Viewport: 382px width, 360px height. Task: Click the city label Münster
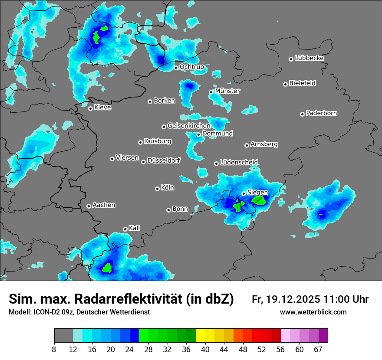[227, 91]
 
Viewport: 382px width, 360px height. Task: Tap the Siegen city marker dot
[244, 193]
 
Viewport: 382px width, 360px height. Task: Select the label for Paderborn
[321, 113]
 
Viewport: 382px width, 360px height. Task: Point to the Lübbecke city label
[309, 58]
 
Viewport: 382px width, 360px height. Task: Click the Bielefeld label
[302, 83]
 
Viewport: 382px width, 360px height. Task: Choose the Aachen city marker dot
[89, 206]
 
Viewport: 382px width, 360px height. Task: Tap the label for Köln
[167, 188]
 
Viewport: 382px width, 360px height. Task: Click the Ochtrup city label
[191, 67]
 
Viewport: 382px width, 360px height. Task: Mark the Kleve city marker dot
[90, 108]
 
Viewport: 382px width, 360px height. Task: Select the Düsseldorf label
[163, 160]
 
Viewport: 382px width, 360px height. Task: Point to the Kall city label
[134, 228]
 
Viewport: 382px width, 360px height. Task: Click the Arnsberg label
[264, 144]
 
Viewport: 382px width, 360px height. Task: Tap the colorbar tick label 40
[205, 350]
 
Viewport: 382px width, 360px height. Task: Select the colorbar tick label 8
[54, 350]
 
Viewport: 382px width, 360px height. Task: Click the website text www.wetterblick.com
[313, 312]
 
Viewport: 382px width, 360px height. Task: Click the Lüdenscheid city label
[239, 162]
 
